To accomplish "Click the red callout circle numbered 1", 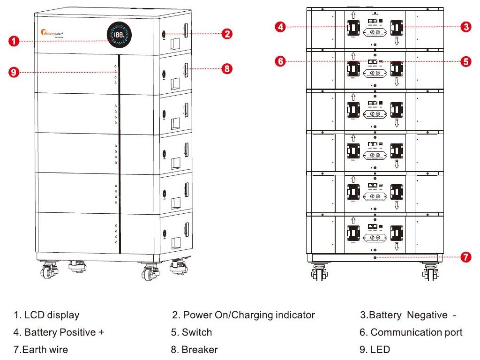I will [x=15, y=41].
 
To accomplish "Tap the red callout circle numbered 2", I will [x=227, y=34].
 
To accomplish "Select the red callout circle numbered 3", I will [x=465, y=27].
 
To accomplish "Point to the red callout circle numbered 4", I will [x=280, y=27].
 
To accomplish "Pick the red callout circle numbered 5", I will [x=465, y=61].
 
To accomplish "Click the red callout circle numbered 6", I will [x=280, y=61].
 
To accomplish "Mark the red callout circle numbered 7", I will [x=465, y=257].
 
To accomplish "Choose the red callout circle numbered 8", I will [x=227, y=68].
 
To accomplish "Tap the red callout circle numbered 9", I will [x=15, y=72].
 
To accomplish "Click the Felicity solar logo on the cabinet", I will [x=52, y=34].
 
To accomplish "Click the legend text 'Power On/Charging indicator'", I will [x=248, y=315].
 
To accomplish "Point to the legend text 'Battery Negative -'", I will [x=412, y=315].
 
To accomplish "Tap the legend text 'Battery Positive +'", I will [x=64, y=333].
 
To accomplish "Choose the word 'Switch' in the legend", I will [x=197, y=333].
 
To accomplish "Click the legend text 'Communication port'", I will [x=416, y=333].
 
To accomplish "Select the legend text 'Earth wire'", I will [x=46, y=350].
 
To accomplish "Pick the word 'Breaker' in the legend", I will [x=200, y=350].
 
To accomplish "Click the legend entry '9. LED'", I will [x=375, y=350].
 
